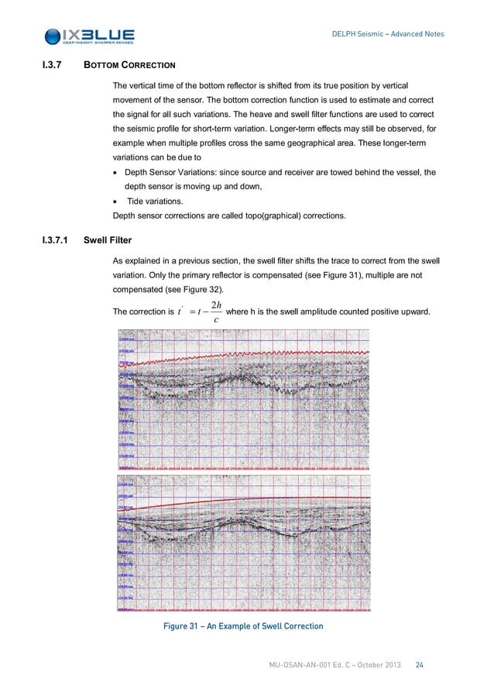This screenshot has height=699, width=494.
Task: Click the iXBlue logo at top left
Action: (90, 36)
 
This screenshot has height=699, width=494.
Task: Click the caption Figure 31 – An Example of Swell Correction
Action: (242, 625)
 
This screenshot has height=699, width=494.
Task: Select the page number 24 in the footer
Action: (419, 665)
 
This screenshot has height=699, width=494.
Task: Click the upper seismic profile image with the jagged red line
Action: (242, 401)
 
